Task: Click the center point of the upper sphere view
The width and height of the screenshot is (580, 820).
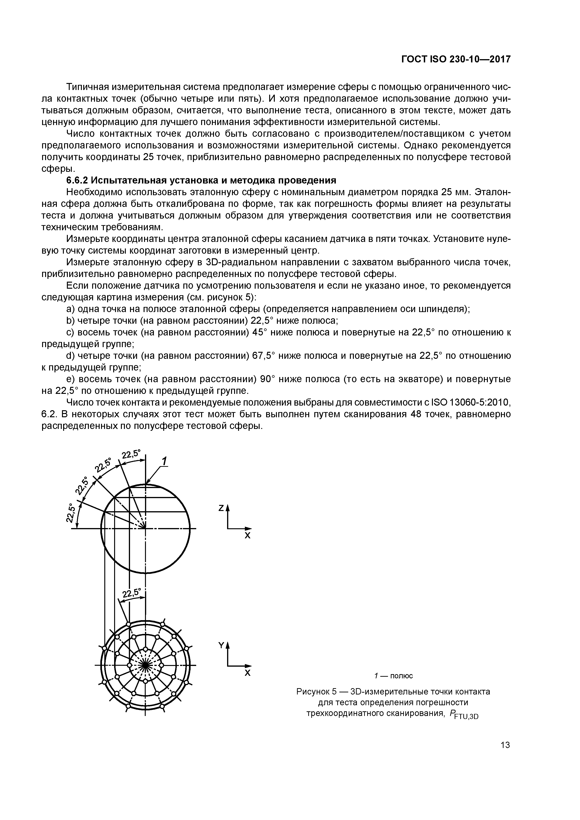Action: (145, 528)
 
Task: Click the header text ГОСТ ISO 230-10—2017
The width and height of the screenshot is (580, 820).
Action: (456, 59)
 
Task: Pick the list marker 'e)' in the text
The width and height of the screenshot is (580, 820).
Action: (71, 379)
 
